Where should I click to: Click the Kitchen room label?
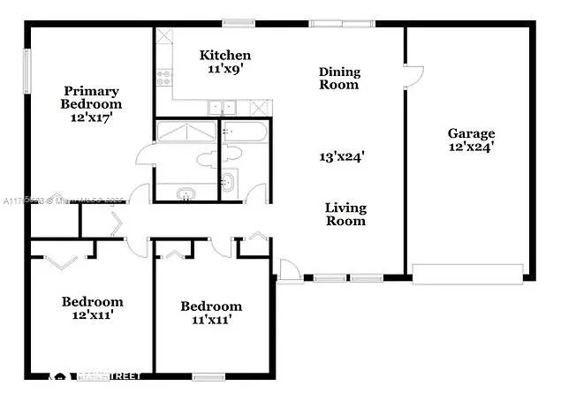tap(224, 55)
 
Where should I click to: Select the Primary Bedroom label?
tap(92, 97)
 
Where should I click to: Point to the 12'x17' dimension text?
tap(91, 116)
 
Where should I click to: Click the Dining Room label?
tap(339, 79)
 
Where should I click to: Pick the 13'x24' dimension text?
tap(343, 156)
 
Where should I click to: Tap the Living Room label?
tap(345, 215)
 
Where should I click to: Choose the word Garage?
tap(470, 134)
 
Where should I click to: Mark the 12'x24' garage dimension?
tap(470, 148)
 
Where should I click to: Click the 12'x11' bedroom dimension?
tap(91, 314)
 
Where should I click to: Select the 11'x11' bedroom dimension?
tap(210, 320)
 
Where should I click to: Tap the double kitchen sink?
tap(223, 108)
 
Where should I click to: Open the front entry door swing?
tap(289, 270)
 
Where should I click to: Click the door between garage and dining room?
tap(413, 75)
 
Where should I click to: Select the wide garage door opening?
tap(471, 273)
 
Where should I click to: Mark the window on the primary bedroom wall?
tap(27, 76)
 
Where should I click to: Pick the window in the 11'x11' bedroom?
tap(208, 375)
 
